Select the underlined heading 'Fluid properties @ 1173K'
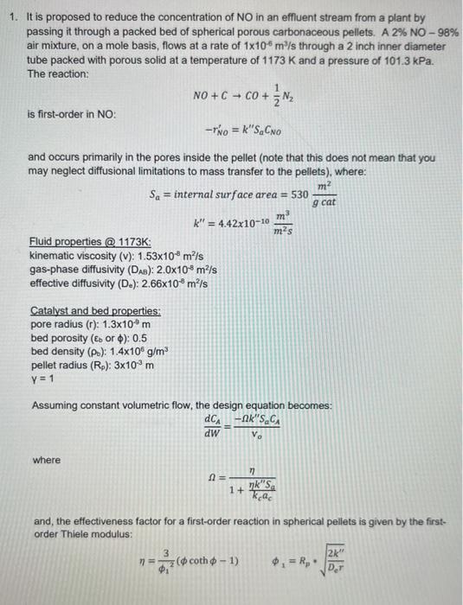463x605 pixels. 90,243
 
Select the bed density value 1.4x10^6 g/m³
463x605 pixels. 130,350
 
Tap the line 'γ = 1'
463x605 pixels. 42,378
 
